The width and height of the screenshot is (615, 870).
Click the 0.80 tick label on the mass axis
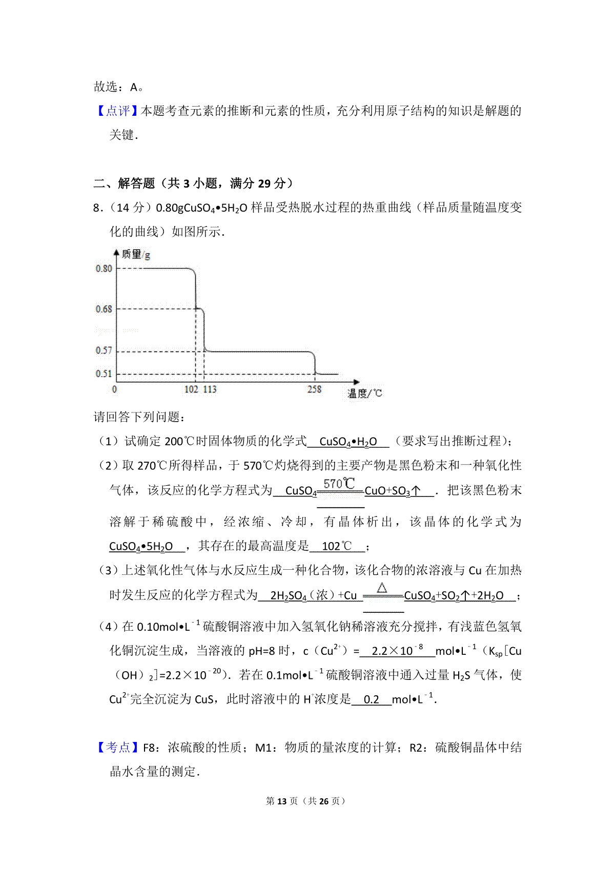point(104,268)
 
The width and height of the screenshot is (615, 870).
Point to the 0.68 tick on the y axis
point(104,309)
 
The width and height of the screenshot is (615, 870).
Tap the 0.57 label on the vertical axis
point(104,350)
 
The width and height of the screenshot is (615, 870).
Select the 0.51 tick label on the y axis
point(104,374)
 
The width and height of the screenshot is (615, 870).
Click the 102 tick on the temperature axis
point(191,389)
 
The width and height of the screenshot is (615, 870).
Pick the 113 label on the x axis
point(210,389)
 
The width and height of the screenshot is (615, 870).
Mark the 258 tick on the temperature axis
point(314,389)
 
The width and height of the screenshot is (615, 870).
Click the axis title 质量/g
point(136,254)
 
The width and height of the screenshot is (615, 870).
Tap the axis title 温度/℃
point(364,393)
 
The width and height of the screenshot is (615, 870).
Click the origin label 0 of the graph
point(114,389)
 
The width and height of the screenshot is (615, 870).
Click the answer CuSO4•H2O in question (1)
point(348,442)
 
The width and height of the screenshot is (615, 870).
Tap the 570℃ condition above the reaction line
point(339,483)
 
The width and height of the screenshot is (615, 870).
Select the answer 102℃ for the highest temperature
point(337,546)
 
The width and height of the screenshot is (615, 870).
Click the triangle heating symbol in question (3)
point(382,588)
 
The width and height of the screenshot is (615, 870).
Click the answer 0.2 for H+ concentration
point(372,699)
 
